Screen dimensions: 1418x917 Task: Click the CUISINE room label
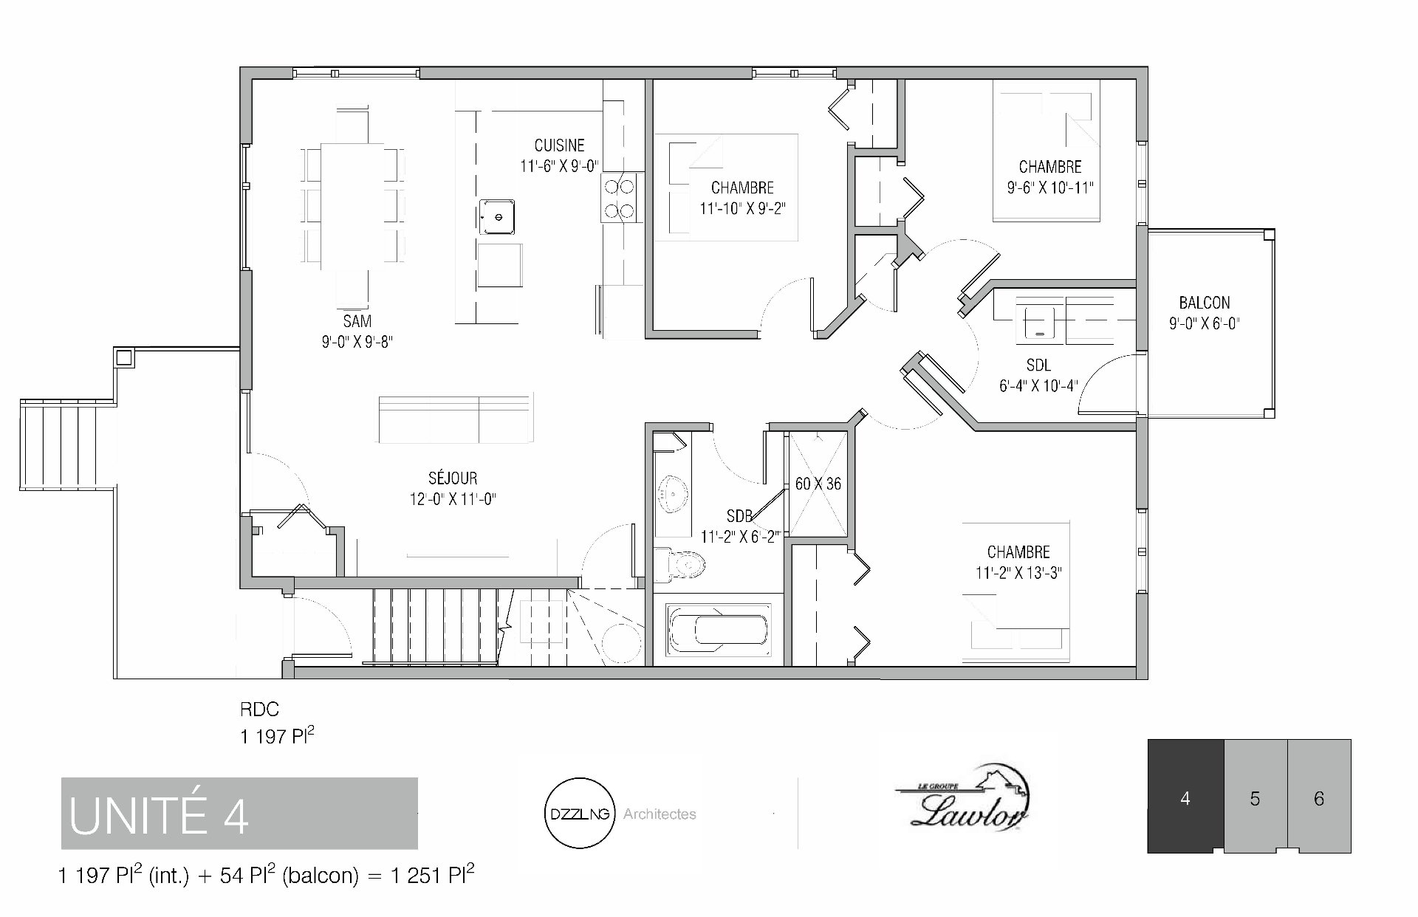[x=559, y=145]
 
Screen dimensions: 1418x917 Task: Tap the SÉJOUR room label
[x=453, y=478]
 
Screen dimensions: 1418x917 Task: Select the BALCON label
[x=1205, y=303]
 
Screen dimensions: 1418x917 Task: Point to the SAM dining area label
[x=357, y=321]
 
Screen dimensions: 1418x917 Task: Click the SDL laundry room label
[x=1038, y=365]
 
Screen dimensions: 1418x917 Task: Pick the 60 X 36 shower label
[x=818, y=484]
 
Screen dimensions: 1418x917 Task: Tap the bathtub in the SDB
[x=718, y=630]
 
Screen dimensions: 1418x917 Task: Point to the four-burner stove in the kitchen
[x=620, y=197]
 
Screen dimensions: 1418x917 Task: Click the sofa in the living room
[x=456, y=419]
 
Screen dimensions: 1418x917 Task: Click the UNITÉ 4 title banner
[x=239, y=814]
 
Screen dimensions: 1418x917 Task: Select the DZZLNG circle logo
[x=579, y=814]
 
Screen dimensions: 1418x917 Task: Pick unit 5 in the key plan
[x=1256, y=797]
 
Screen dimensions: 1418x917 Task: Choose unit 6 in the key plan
[x=1320, y=797]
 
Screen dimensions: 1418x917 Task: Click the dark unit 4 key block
[x=1185, y=797]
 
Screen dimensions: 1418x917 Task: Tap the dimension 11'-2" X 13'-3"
[x=1018, y=573]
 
